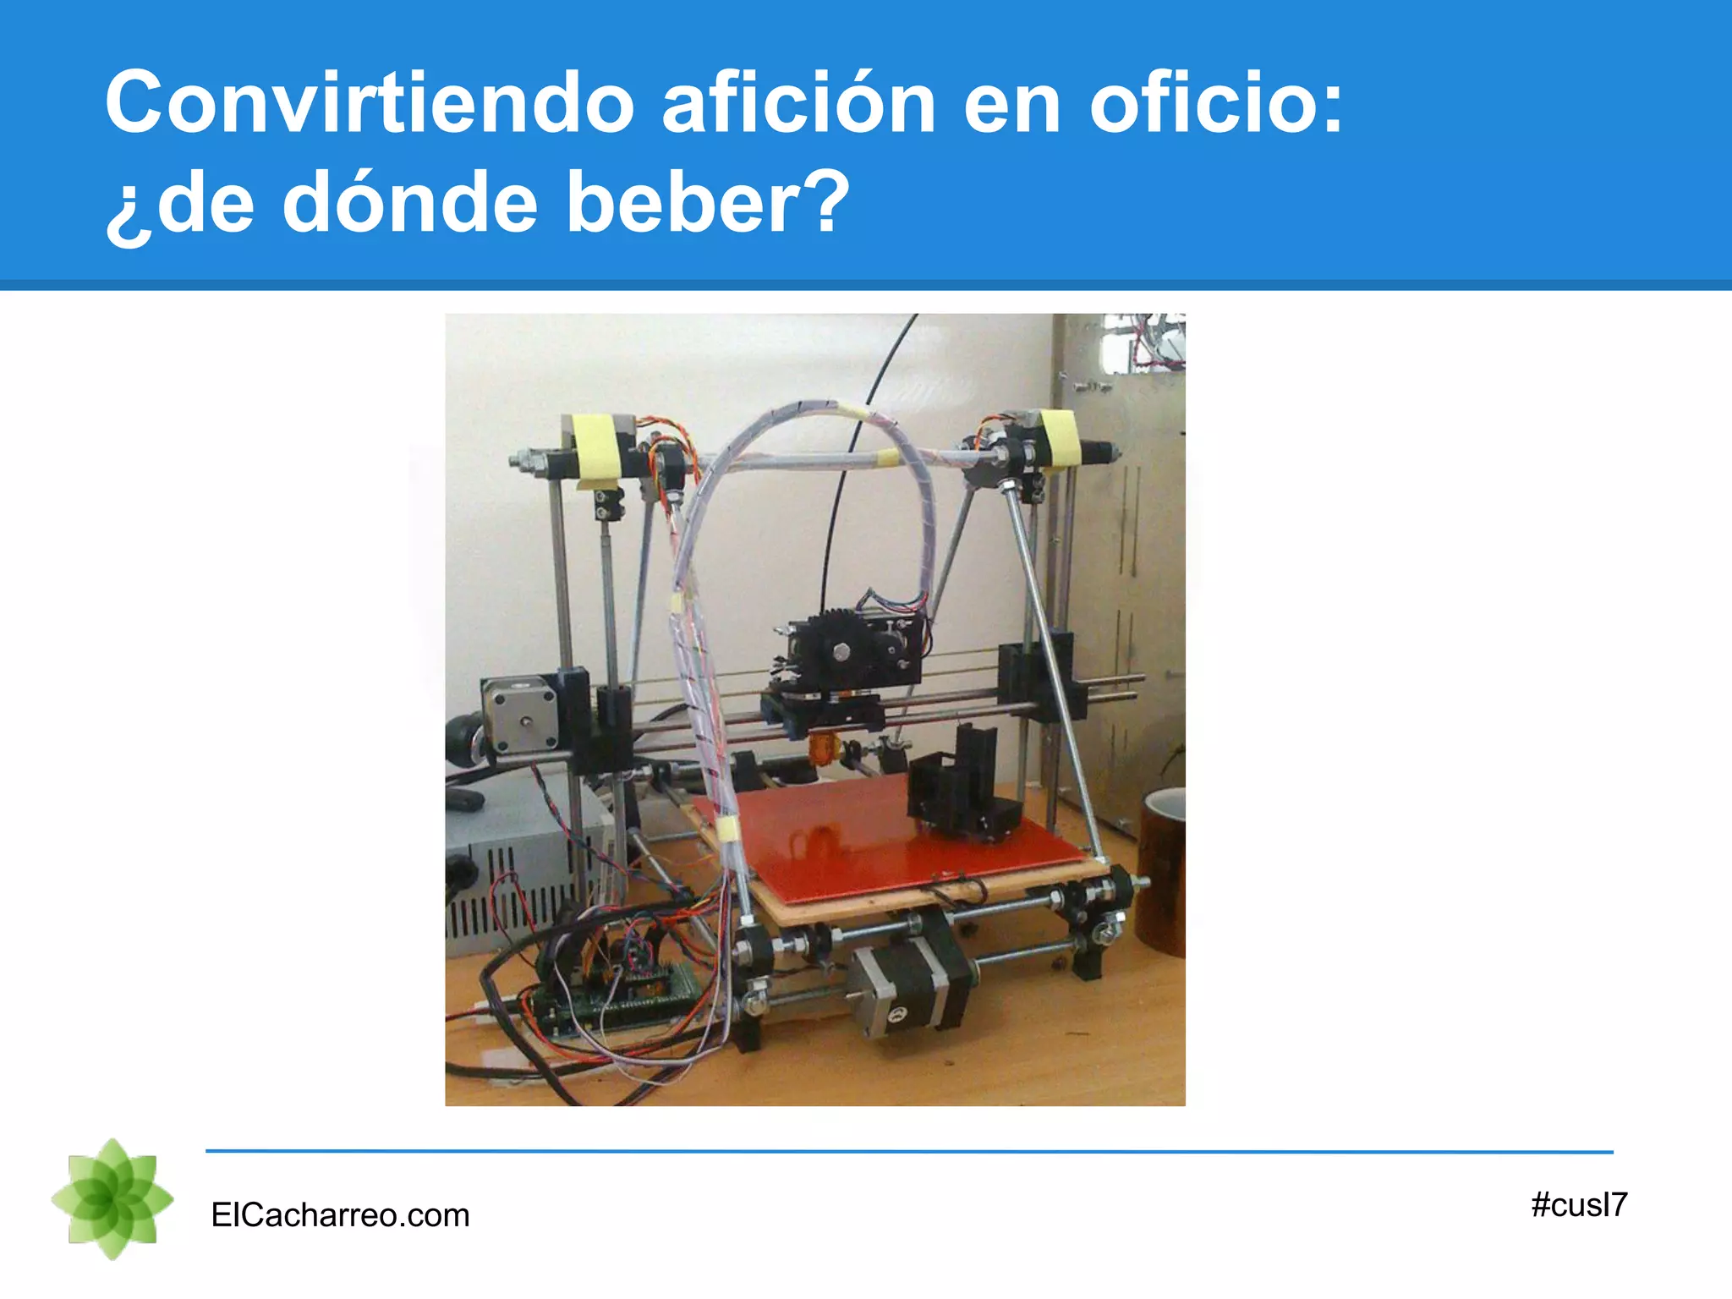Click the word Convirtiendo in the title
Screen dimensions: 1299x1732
[370, 103]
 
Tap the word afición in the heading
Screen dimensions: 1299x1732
[798, 103]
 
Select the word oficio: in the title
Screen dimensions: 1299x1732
[1216, 103]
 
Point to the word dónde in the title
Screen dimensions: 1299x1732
[409, 203]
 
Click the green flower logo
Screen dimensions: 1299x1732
[112, 1199]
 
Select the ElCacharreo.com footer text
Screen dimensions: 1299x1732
[340, 1215]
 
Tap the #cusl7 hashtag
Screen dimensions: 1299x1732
[1578, 1204]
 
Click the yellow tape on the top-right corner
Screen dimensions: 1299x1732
[1060, 437]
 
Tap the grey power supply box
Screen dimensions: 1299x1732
[516, 863]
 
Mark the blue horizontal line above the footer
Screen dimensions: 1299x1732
[909, 1151]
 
